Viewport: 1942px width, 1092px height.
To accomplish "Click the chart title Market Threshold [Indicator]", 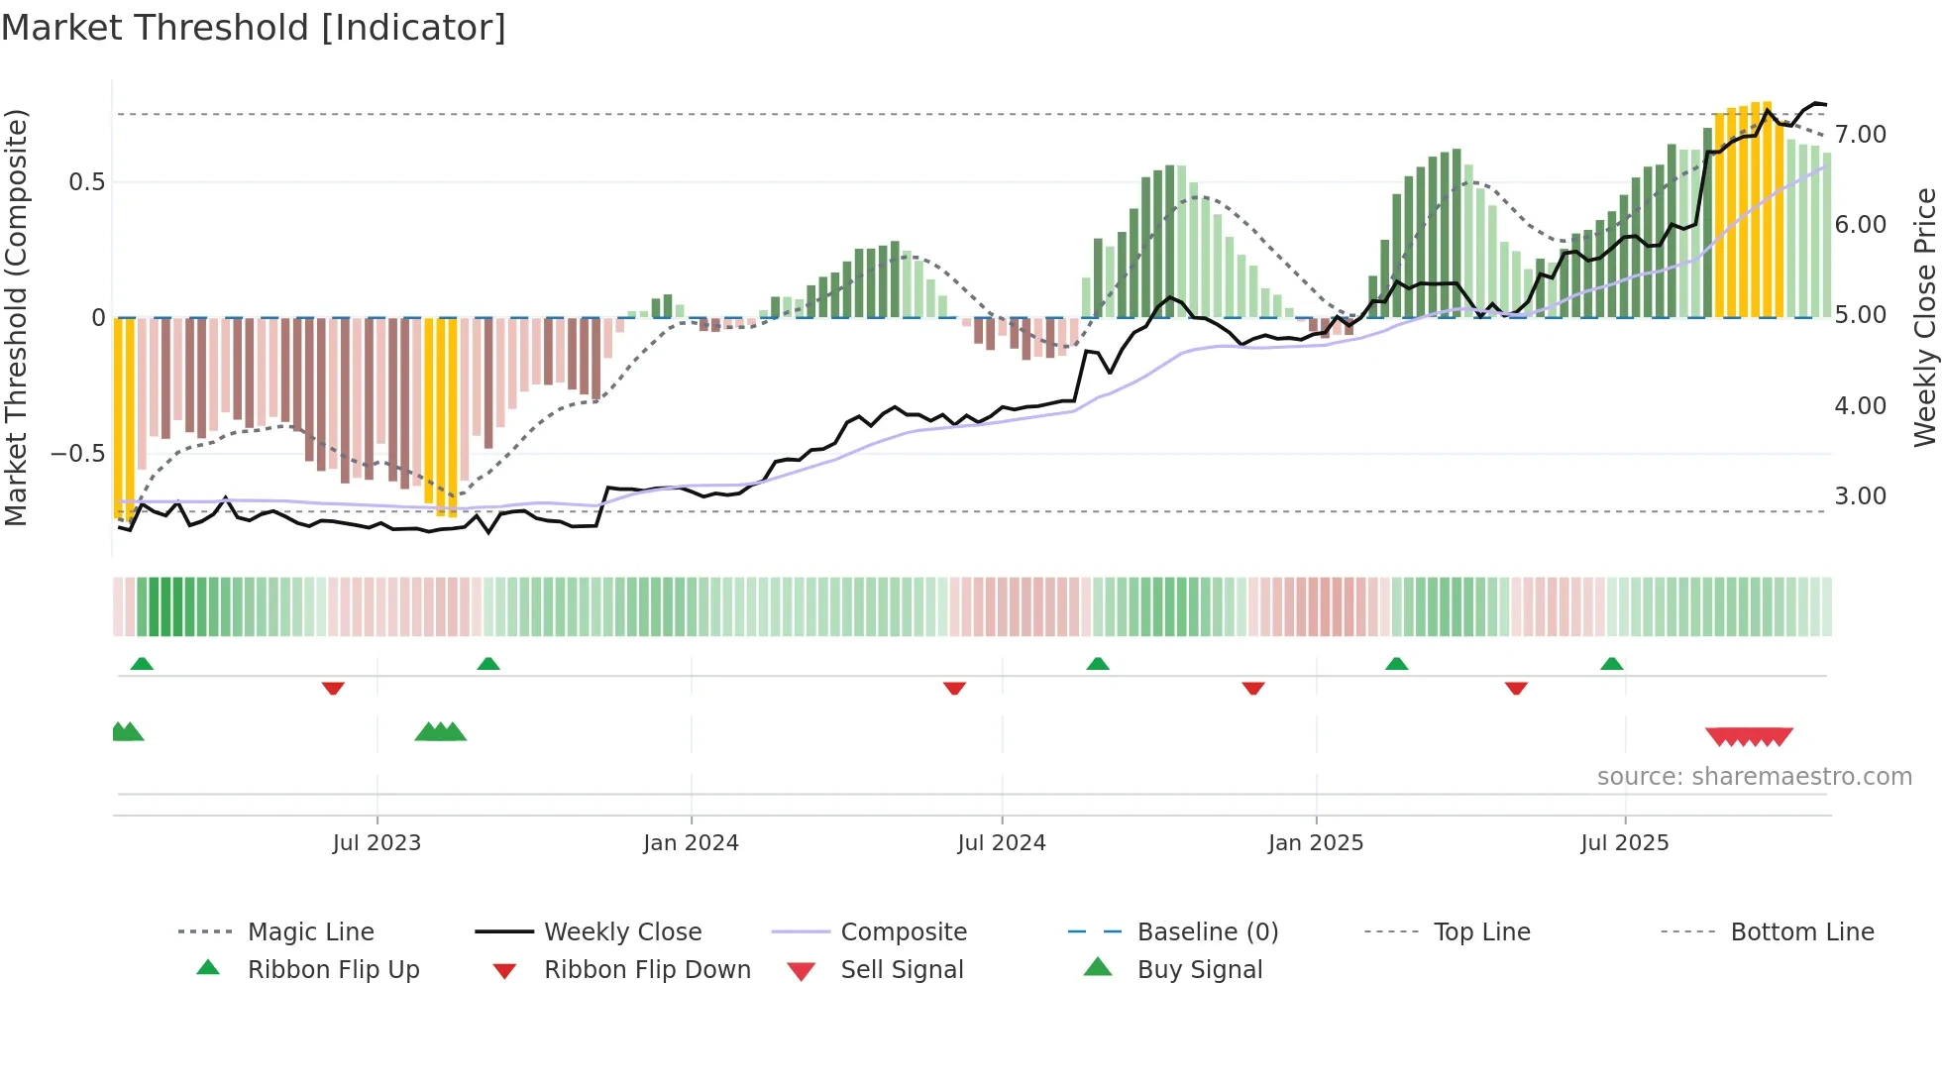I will pyautogui.click(x=254, y=28).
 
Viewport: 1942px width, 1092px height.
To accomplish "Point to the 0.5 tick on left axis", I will pyautogui.click(x=86, y=182).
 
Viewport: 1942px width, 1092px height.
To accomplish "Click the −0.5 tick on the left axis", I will pyautogui.click(x=78, y=454).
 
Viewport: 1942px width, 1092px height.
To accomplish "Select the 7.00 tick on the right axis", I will pyautogui.click(x=1860, y=135).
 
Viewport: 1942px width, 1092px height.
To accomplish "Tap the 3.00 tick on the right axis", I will pyautogui.click(x=1860, y=496).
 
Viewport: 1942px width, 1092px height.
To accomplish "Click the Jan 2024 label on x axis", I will pyautogui.click(x=691, y=843).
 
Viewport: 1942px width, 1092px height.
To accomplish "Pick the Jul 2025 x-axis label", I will pyautogui.click(x=1624, y=843).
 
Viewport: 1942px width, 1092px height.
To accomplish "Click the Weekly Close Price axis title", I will pyautogui.click(x=1924, y=317).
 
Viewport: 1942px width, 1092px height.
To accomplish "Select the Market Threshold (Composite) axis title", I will pyautogui.click(x=16, y=317).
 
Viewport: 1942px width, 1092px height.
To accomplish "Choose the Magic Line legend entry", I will pyautogui.click(x=310, y=932).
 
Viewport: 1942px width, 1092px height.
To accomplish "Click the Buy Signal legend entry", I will pyautogui.click(x=1199, y=970).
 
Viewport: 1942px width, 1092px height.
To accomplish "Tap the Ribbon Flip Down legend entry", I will pyautogui.click(x=647, y=970).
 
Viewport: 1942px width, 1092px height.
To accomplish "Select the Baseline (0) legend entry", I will pyautogui.click(x=1207, y=932).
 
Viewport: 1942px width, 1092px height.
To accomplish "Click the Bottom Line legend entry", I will pyautogui.click(x=1801, y=932).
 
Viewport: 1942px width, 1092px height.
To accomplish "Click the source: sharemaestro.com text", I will pyautogui.click(x=1754, y=777).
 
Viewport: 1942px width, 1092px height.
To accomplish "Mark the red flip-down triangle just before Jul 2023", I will pyautogui.click(x=333, y=688).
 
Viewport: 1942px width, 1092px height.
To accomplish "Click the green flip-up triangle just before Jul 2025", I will pyautogui.click(x=1611, y=664).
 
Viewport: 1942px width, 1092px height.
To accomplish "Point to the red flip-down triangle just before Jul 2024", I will pyautogui.click(x=954, y=688).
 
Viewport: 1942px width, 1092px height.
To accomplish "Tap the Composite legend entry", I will pyautogui.click(x=903, y=932).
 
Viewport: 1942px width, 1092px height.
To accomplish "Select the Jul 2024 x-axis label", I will pyautogui.click(x=1001, y=843).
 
